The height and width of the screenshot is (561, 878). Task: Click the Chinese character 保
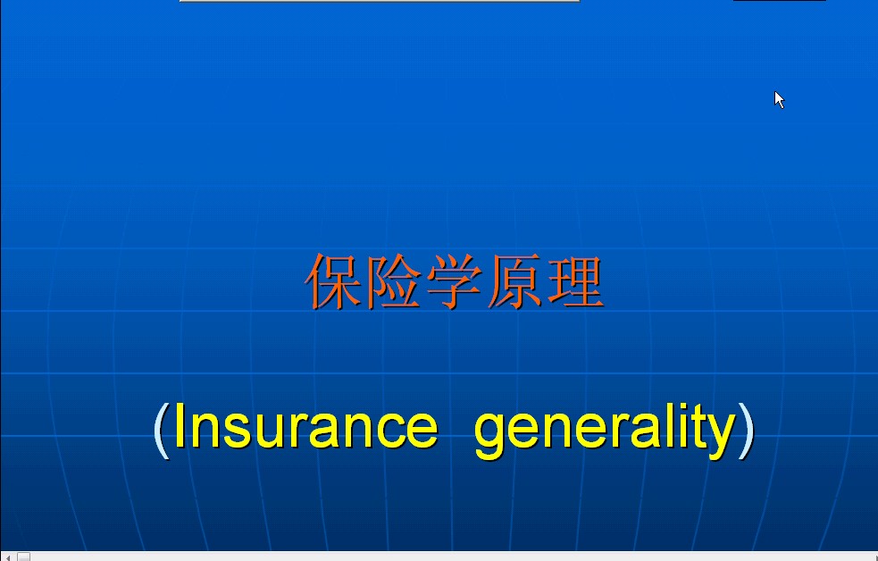click(334, 281)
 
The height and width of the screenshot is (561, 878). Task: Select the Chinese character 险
click(394, 281)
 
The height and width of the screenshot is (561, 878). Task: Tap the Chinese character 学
click(454, 281)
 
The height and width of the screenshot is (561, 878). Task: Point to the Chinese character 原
click(514, 281)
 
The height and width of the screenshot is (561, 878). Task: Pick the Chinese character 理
click(575, 281)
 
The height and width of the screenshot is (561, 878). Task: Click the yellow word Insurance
click(306, 425)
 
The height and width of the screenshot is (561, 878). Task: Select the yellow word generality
click(605, 430)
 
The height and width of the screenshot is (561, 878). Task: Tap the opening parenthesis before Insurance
click(162, 430)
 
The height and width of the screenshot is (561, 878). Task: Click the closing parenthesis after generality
click(747, 430)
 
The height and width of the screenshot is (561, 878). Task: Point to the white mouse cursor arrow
click(778, 99)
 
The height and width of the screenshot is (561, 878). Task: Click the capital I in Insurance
click(180, 425)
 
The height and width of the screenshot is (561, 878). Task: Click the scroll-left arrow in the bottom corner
click(7, 557)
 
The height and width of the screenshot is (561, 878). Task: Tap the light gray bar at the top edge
click(379, 1)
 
